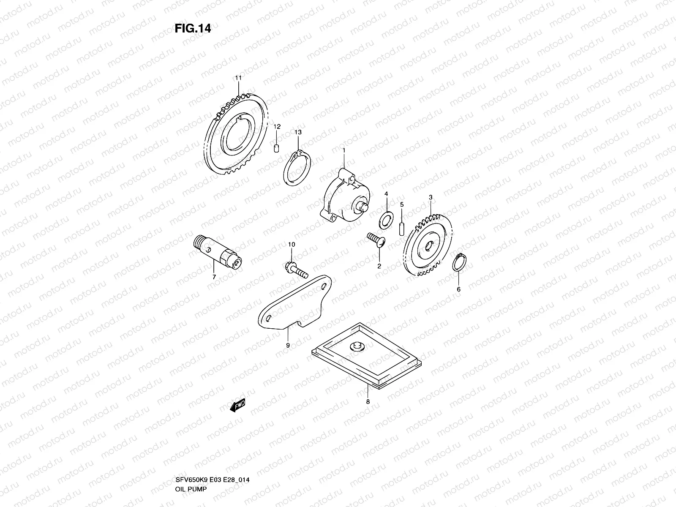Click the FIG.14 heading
pos(193,28)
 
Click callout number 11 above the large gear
pos(238,78)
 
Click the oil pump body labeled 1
pos(344,194)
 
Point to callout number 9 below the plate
pos(288,345)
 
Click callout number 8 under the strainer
pos(368,401)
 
